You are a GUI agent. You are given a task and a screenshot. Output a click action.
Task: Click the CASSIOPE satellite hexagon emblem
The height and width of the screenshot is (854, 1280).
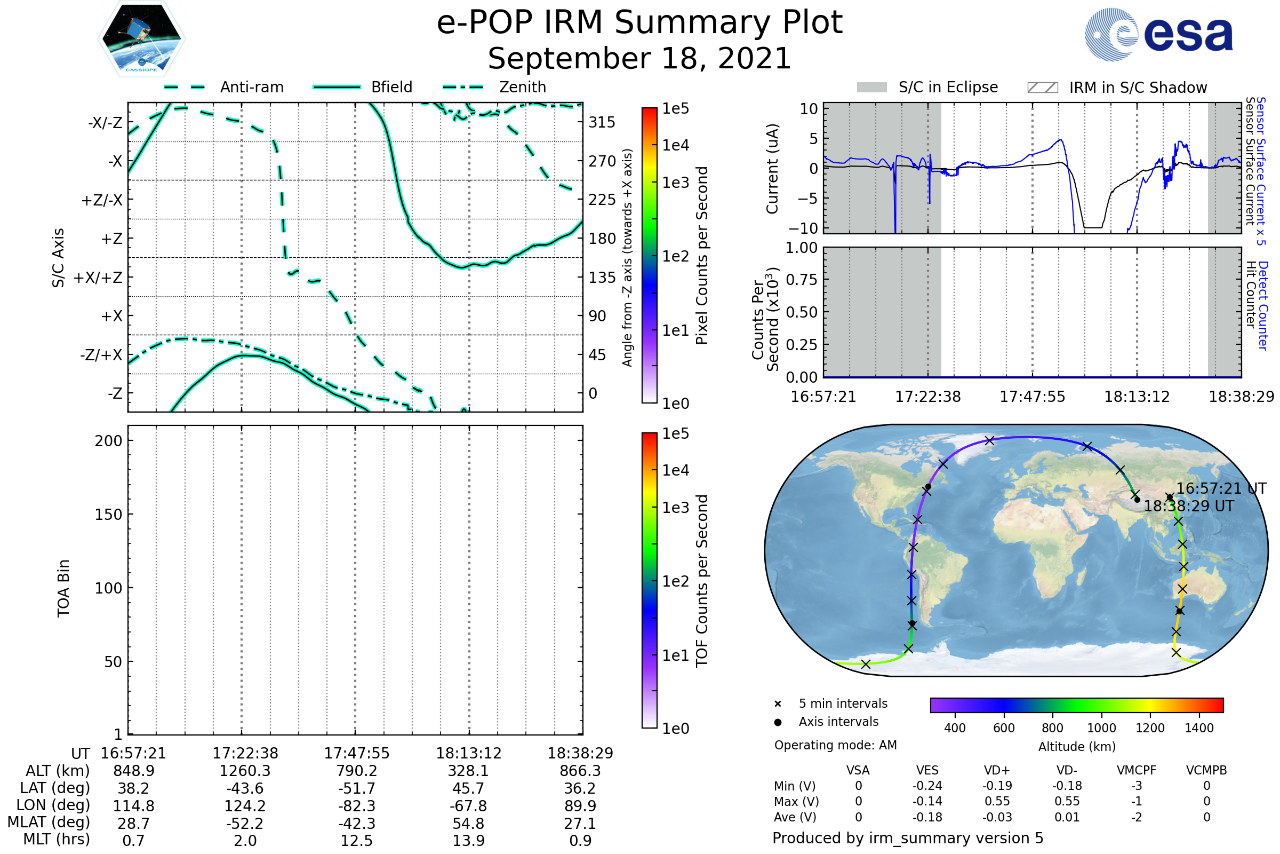tap(141, 38)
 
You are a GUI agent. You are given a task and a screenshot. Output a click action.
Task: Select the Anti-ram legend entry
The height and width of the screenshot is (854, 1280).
tap(251, 87)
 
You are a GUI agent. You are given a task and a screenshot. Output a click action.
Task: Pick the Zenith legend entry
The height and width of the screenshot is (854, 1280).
tap(522, 87)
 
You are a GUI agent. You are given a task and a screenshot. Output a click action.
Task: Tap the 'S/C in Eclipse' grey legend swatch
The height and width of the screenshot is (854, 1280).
tap(871, 88)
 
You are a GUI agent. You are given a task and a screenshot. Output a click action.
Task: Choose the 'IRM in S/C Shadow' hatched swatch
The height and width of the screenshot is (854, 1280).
tap(1042, 88)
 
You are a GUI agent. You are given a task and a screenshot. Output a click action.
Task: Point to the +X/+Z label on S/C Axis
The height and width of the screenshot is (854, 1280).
tap(98, 278)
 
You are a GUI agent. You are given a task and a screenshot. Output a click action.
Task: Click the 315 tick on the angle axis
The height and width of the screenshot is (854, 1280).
tap(602, 123)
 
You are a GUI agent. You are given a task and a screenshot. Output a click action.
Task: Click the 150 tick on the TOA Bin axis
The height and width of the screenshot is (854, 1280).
tap(108, 515)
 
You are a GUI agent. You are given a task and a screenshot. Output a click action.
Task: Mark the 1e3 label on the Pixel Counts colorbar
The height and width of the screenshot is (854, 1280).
tap(675, 183)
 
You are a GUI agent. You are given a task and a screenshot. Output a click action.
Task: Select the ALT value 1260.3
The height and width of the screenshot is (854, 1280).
tap(245, 771)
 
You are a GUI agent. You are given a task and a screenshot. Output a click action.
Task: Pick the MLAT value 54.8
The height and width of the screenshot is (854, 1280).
tap(468, 824)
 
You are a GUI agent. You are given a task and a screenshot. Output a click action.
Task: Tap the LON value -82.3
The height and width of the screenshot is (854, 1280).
tap(356, 805)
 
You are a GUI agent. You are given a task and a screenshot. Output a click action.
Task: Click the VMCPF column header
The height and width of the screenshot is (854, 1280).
tap(1137, 770)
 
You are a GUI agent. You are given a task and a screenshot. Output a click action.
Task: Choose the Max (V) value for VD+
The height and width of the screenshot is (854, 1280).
tap(997, 801)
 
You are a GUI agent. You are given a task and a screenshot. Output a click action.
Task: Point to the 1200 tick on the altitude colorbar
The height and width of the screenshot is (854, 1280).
tap(1150, 728)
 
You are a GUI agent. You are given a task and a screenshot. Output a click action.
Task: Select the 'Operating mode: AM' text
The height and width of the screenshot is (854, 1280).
tap(835, 745)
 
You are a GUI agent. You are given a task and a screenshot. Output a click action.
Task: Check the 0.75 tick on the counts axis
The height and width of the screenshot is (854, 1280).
tap(802, 280)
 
